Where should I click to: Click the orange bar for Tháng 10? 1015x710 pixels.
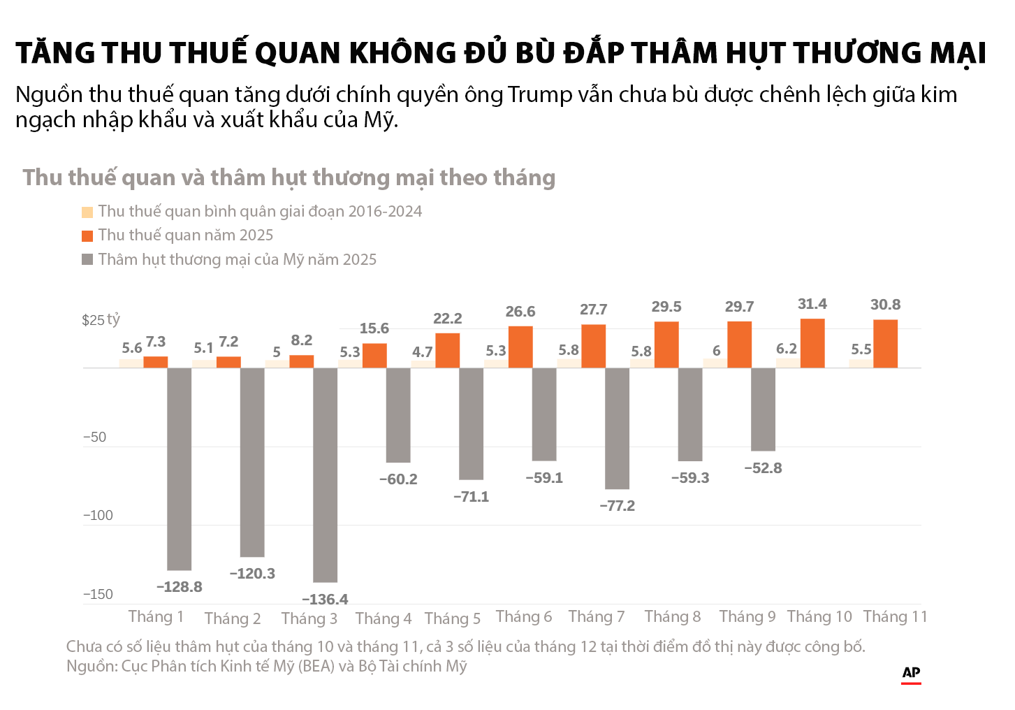(812, 343)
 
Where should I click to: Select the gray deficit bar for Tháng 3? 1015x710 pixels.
(325, 474)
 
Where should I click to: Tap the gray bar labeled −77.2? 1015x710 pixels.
(617, 428)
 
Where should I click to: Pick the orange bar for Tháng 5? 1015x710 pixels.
(448, 350)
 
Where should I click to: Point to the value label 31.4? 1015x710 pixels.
(812, 304)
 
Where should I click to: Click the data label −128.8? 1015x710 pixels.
(180, 587)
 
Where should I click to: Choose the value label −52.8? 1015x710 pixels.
(763, 468)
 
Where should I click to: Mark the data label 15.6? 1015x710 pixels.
(374, 328)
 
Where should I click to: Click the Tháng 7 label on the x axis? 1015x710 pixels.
(596, 616)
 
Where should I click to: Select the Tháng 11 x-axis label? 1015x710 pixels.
(895, 616)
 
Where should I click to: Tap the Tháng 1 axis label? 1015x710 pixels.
(156, 616)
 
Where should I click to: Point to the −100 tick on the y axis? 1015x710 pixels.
(98, 516)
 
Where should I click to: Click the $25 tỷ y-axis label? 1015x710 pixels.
(101, 320)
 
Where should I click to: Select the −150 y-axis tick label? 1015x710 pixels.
(98, 595)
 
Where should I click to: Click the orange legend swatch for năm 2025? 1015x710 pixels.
(87, 236)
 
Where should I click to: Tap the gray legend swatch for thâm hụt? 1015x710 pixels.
(87, 259)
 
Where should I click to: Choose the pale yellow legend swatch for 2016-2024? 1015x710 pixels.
(87, 212)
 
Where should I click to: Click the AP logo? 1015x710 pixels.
(911, 673)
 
